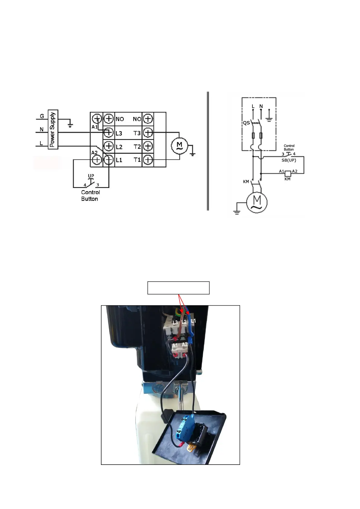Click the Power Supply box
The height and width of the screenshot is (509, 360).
(x=53, y=129)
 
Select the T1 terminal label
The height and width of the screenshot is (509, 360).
(x=137, y=160)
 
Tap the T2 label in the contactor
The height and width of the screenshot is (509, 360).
(x=137, y=147)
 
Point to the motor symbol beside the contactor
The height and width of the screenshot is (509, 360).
(x=179, y=146)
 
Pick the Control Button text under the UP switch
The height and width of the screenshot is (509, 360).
(x=90, y=196)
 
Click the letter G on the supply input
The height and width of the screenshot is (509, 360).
(x=42, y=116)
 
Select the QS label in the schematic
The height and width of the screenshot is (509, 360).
(x=246, y=123)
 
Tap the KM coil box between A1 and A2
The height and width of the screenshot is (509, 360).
(x=288, y=173)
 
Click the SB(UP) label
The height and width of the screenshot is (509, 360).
(x=289, y=160)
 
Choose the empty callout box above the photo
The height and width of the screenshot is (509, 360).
(x=178, y=288)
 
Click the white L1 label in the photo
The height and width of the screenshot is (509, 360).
(x=193, y=321)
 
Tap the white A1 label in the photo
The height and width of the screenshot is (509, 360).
(x=175, y=345)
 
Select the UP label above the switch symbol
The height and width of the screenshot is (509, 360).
(x=91, y=176)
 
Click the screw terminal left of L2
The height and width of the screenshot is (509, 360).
(x=109, y=146)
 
